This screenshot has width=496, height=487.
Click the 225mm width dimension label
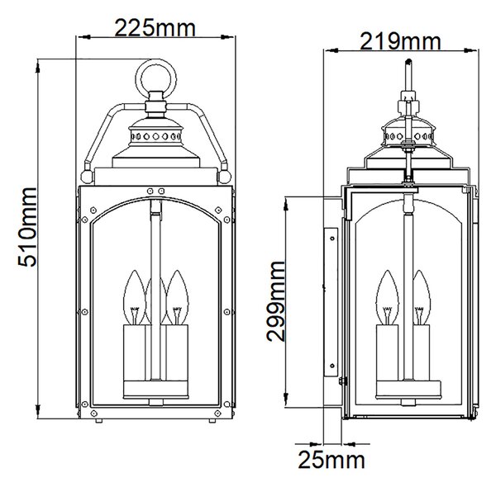coord(155,28)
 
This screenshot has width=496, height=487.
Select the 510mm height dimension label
coord(27,227)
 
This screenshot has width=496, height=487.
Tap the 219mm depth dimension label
coord(400,41)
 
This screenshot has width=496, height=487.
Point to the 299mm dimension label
coord(275,301)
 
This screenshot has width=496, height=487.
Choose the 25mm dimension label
coord(331,460)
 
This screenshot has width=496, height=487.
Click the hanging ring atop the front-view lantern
coord(156,60)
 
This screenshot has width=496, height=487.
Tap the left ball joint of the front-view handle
coord(87,177)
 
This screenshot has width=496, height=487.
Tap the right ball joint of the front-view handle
coord(224,177)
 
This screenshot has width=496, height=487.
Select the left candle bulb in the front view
coord(134,297)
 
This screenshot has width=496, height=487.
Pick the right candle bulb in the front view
coord(177,297)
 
